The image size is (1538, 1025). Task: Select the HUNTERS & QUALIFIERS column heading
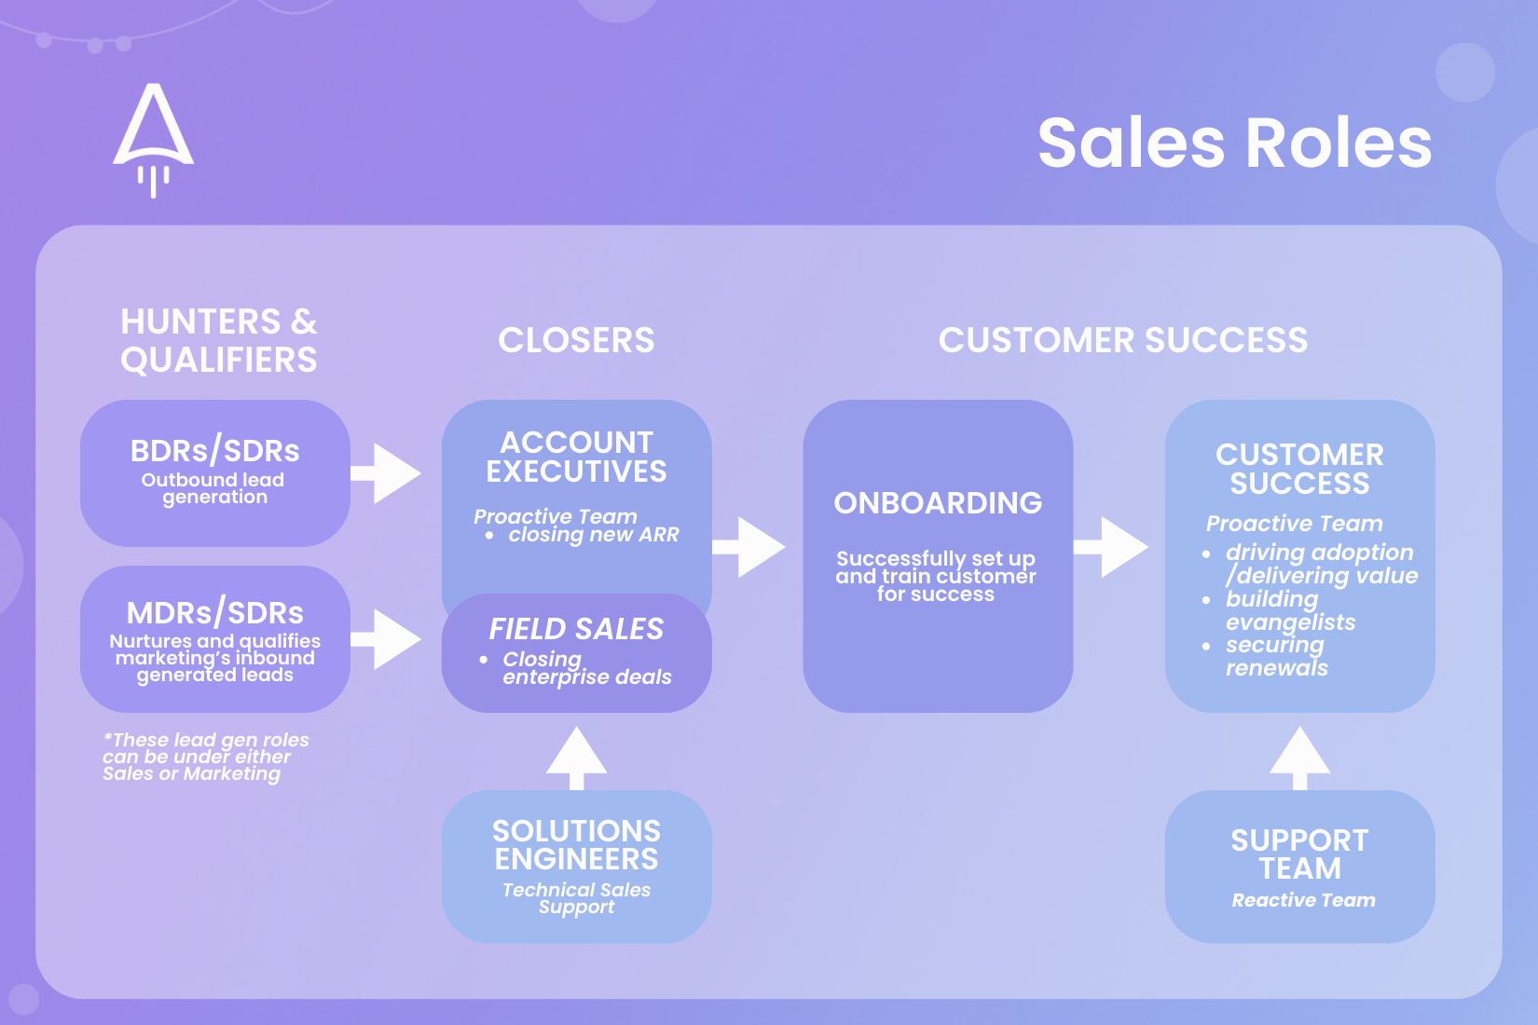(219, 341)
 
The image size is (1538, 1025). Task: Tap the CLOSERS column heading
(576, 341)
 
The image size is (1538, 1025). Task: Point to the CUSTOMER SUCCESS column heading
(1123, 341)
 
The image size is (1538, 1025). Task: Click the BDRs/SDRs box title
(215, 451)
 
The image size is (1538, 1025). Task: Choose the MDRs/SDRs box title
(215, 613)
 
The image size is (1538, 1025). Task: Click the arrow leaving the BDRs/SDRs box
(387, 473)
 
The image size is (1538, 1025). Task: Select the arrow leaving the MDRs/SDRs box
(387, 639)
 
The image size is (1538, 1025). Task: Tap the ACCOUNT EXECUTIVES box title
(576, 457)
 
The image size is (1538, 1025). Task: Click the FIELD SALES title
(576, 629)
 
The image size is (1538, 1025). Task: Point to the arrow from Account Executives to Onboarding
(750, 547)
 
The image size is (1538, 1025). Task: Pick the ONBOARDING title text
(938, 503)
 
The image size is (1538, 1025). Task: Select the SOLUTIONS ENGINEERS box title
(576, 845)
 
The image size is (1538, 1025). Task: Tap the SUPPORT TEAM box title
(1299, 854)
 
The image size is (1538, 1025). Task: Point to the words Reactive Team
(1303, 900)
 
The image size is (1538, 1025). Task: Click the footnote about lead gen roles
(205, 757)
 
